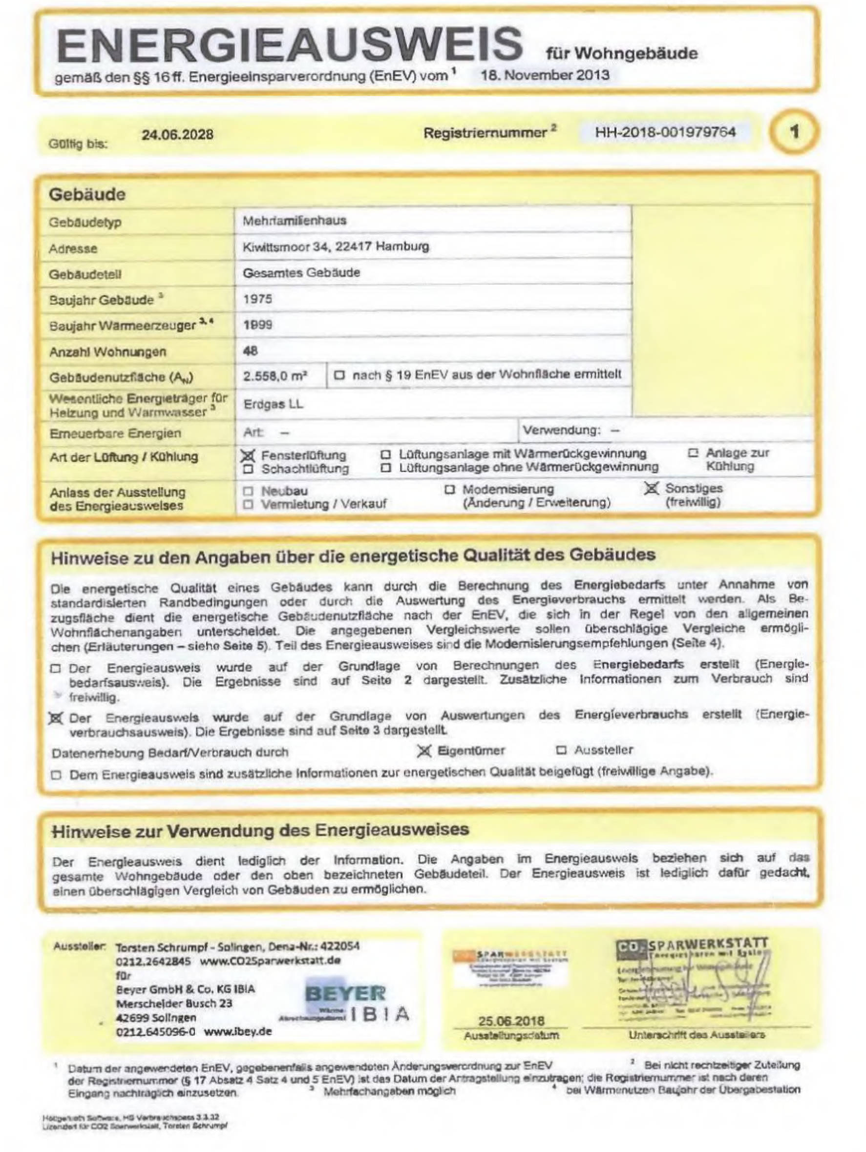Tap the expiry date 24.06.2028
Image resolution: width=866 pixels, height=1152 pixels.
point(177,134)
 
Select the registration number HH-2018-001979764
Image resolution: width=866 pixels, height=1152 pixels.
point(665,132)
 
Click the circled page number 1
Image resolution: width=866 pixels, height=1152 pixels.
point(794,132)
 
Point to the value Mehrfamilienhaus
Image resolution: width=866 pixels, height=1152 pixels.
point(295,220)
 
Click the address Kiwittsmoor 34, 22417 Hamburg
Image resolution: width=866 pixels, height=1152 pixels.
point(336,247)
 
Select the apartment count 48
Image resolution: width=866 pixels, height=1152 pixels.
point(250,350)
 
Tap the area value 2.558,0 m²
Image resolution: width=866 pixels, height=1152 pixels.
point(275,376)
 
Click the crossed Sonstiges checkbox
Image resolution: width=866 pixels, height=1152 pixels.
point(651,489)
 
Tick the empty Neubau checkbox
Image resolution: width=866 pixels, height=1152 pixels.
point(249,491)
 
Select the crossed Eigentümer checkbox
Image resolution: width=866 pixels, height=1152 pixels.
point(424,750)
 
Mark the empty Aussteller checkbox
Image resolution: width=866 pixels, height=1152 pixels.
point(561,750)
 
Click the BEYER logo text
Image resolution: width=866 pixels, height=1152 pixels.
point(345,993)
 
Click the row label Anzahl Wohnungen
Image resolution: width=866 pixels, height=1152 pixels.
point(107,352)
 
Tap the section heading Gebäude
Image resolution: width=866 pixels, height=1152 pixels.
point(87,194)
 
